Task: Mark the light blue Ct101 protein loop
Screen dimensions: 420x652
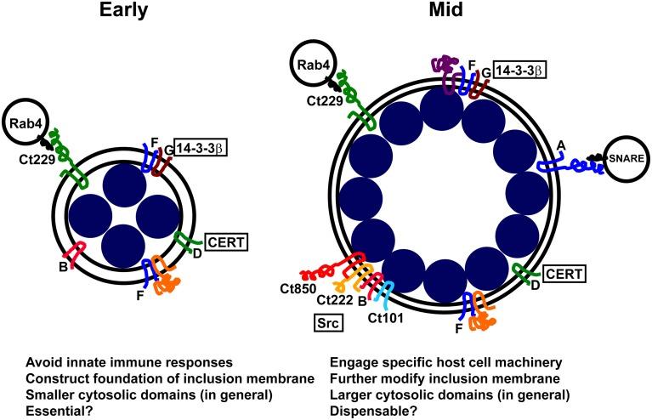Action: tap(386, 289)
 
